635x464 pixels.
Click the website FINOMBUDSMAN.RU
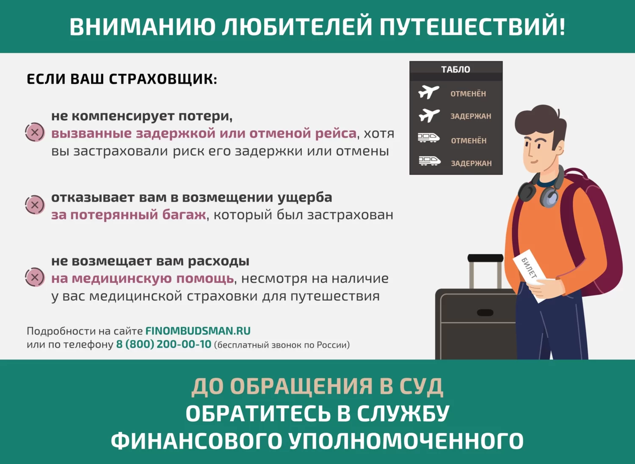[x=198, y=331]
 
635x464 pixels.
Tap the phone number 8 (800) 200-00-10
[x=163, y=344]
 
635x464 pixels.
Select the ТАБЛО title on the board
[x=456, y=69]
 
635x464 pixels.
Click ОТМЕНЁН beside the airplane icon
[x=468, y=94]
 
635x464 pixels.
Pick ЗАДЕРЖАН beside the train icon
[x=471, y=163]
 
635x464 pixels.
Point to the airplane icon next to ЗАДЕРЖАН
[x=429, y=115]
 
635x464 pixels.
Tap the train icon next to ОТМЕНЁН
[x=428, y=138]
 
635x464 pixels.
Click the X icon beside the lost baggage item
[x=35, y=205]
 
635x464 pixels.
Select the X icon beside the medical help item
[x=35, y=278]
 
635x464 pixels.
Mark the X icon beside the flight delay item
[x=35, y=133]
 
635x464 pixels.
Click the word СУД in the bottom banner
[x=421, y=387]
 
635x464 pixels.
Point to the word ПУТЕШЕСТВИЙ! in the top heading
[x=472, y=26]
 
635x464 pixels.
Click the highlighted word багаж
[x=184, y=215]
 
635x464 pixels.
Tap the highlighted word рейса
[x=335, y=133]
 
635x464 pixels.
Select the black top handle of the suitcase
[x=485, y=258]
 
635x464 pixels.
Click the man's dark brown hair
[x=540, y=121]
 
